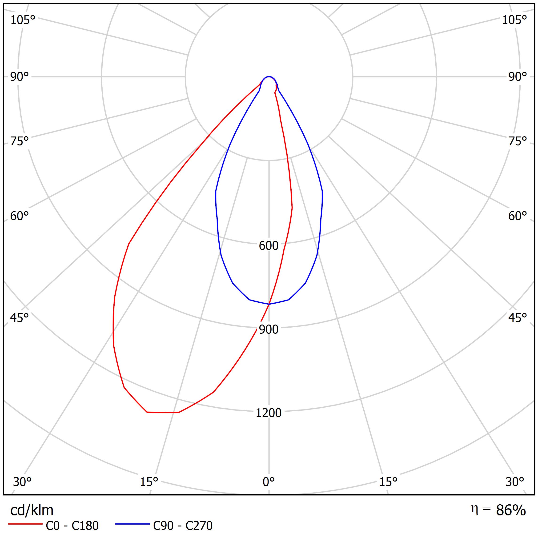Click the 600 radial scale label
[x=269, y=246]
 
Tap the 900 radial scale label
[x=269, y=329]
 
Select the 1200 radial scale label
[x=269, y=413]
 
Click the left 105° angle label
[x=23, y=20]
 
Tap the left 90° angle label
[x=20, y=77]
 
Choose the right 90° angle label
[x=517, y=77]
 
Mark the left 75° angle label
[x=20, y=141]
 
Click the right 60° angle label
[x=517, y=216]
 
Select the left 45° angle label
[x=20, y=318]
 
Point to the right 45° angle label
[x=517, y=318]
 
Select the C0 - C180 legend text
[x=72, y=526]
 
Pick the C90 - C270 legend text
[x=183, y=526]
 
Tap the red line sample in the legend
[x=25, y=524]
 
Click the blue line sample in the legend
[x=132, y=524]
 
